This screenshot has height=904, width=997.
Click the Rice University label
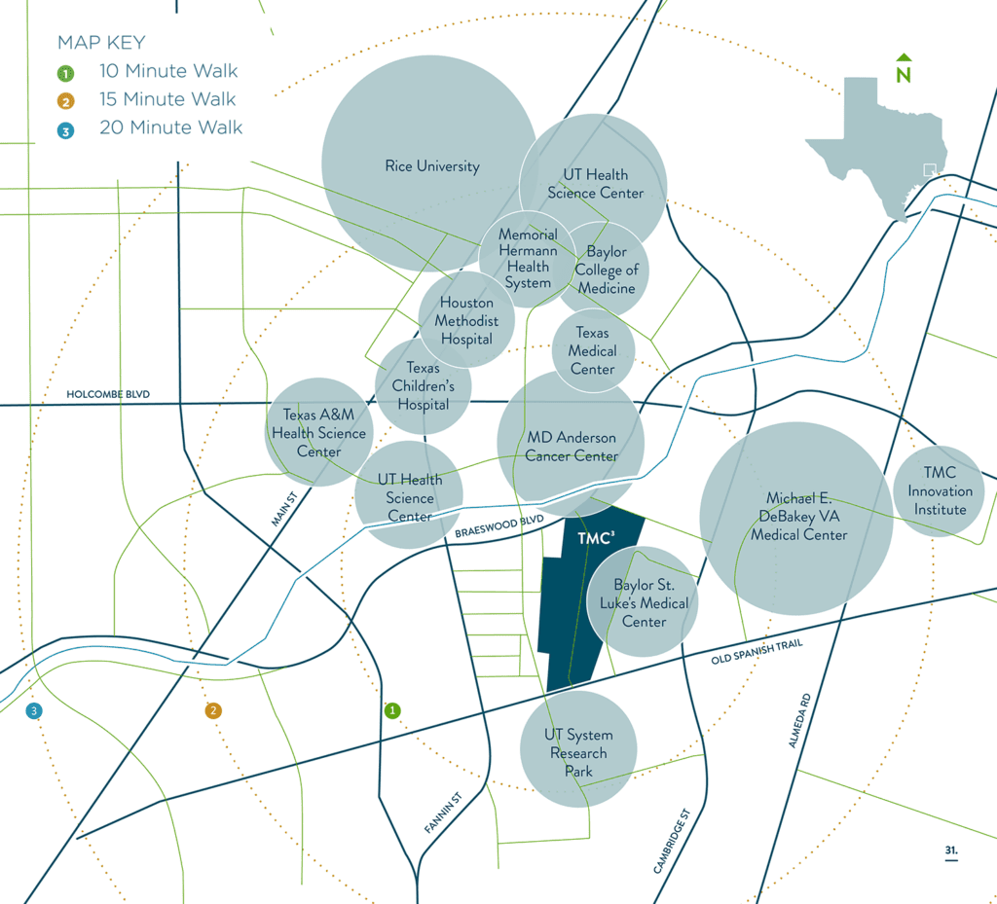(432, 166)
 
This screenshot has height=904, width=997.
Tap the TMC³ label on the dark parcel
(595, 538)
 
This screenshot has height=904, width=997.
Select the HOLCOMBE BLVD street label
(108, 394)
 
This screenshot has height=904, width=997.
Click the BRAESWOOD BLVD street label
(498, 527)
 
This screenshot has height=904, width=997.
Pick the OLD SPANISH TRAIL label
(757, 653)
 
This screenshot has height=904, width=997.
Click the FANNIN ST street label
(442, 813)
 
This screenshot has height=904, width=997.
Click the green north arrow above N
(904, 56)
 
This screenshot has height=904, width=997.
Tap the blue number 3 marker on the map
(34, 711)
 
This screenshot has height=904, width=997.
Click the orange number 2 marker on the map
(213, 711)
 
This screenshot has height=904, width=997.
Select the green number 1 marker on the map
(392, 711)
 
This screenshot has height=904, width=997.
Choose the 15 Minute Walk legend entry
(167, 99)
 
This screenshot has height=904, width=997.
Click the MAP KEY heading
(101, 42)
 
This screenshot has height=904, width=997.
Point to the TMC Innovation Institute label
(940, 490)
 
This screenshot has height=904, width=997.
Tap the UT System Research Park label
(578, 753)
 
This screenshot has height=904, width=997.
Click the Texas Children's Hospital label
(423, 385)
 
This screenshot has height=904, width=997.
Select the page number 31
(950, 850)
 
